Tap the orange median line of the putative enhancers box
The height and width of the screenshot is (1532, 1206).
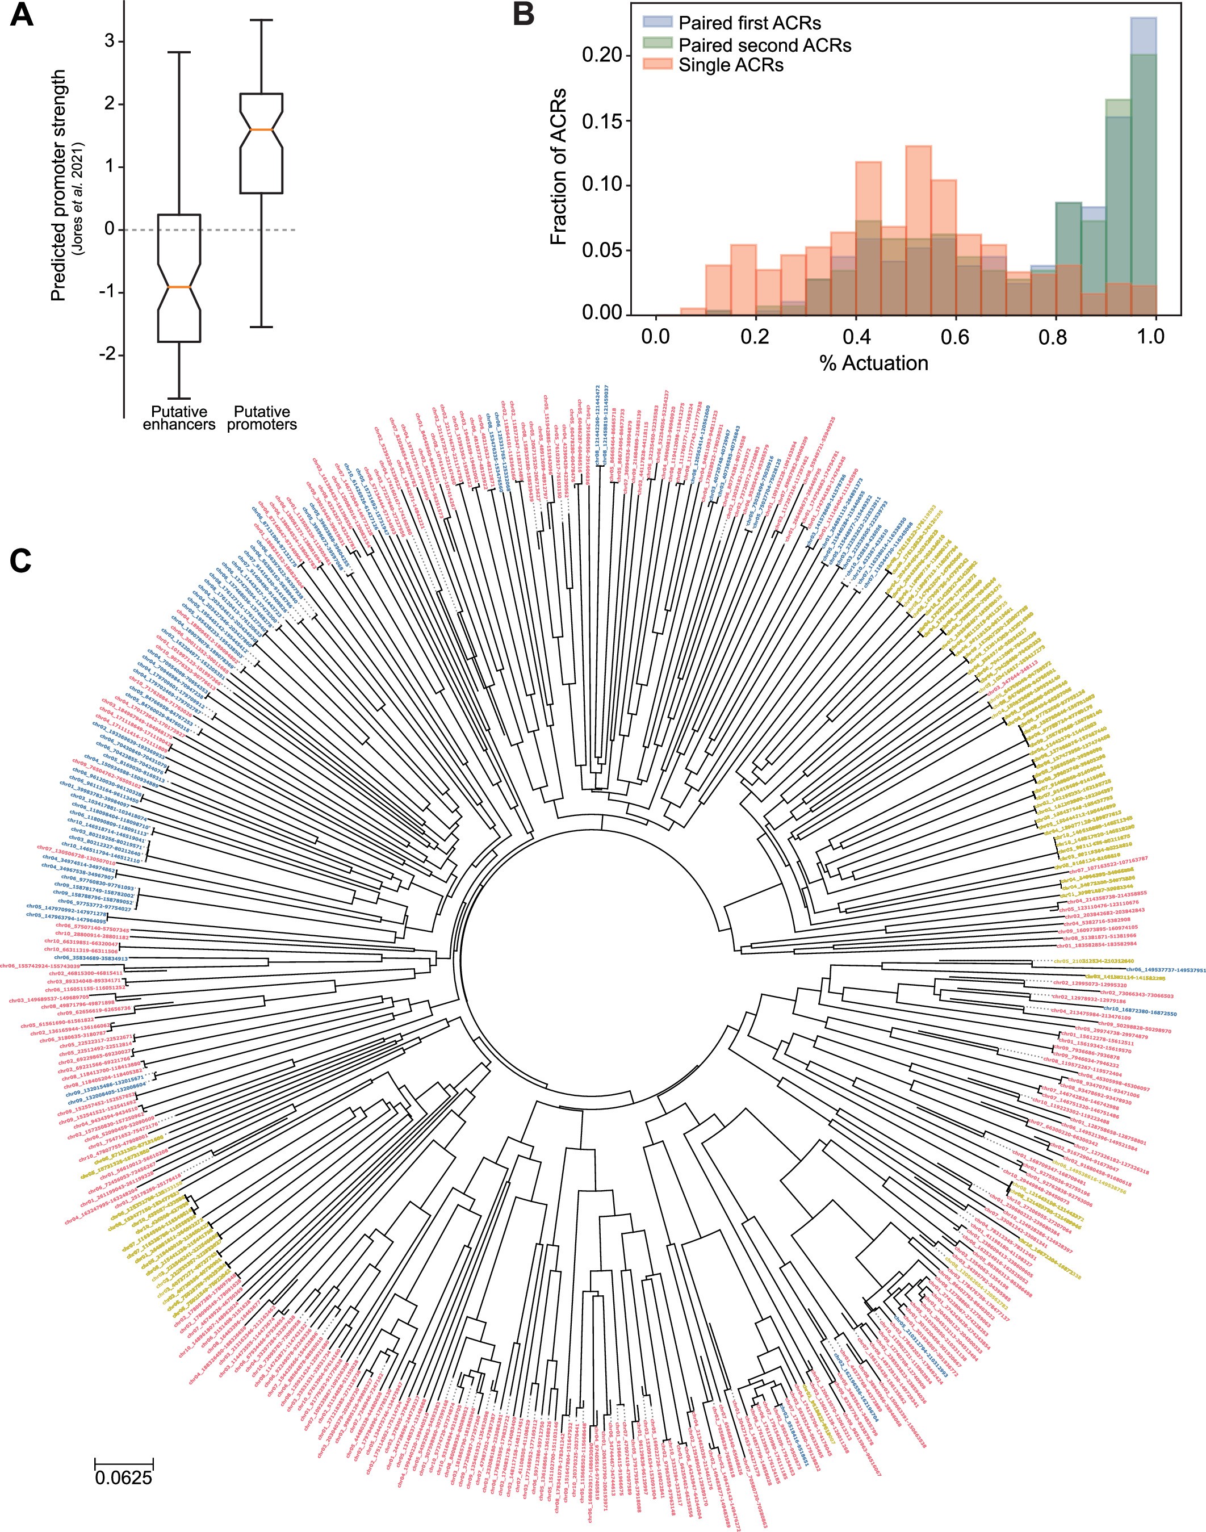coord(179,287)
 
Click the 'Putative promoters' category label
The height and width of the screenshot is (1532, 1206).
coord(262,418)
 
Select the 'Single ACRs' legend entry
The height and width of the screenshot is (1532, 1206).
coord(731,65)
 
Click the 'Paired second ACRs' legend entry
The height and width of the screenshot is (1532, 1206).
coord(764,44)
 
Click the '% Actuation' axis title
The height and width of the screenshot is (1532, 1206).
coord(873,363)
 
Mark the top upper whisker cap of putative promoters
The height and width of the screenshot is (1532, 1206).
coord(261,20)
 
